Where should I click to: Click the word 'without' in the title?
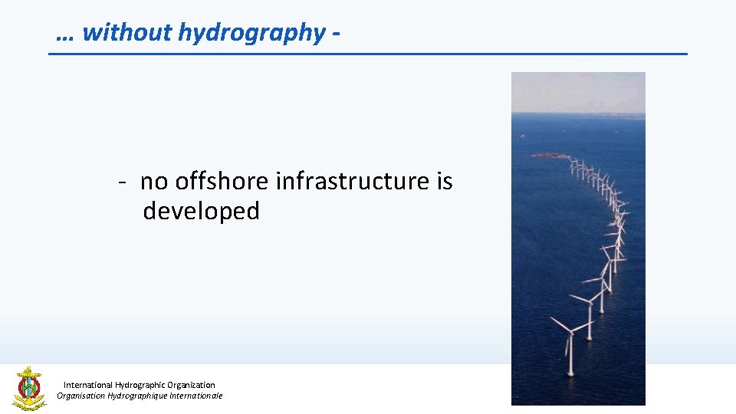[x=127, y=32]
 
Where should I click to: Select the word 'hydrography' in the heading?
[x=252, y=32]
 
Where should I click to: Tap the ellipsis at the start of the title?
[x=66, y=34]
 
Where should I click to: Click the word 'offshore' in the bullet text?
[x=222, y=182]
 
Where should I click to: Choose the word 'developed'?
[x=202, y=211]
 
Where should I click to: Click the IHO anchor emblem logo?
[x=29, y=388]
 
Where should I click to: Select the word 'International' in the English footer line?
[x=87, y=385]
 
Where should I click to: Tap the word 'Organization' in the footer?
[x=192, y=385]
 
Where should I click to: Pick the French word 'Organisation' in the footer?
[x=81, y=396]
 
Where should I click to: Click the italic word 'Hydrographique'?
[x=140, y=396]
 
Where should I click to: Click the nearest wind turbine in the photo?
[x=570, y=337]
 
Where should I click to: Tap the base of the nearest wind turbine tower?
[x=570, y=375]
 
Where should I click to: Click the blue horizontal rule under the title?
[x=368, y=54]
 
